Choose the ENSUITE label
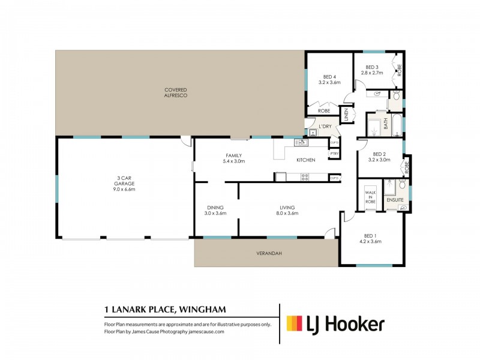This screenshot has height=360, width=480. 394,199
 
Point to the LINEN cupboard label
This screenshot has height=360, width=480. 346,115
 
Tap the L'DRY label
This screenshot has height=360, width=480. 325,126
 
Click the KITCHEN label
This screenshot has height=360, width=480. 305,160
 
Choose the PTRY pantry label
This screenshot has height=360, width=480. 334,154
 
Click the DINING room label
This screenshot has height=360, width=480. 215,208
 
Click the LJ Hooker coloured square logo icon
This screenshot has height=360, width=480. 294,324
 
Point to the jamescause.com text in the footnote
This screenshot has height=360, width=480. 206,331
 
